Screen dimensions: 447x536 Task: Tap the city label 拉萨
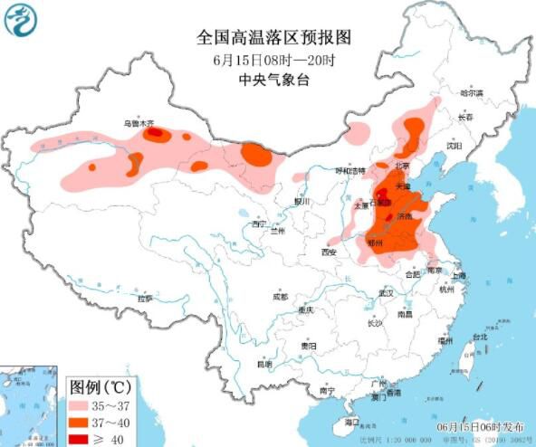tap(144, 297)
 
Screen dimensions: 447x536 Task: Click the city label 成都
tap(281, 296)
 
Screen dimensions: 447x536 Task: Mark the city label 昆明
tap(263, 365)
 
